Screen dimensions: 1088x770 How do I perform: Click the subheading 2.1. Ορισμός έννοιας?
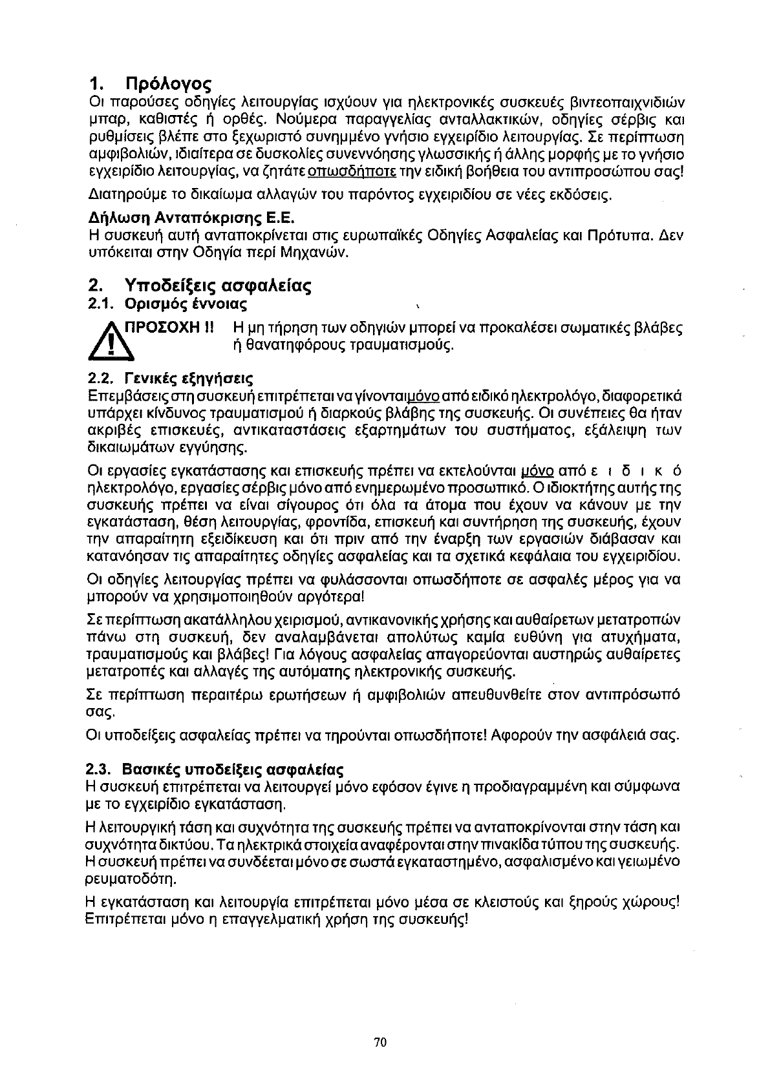coord(167,303)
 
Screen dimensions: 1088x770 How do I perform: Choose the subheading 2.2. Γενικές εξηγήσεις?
coord(169,377)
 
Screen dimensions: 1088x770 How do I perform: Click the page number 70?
coord(380,1041)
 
